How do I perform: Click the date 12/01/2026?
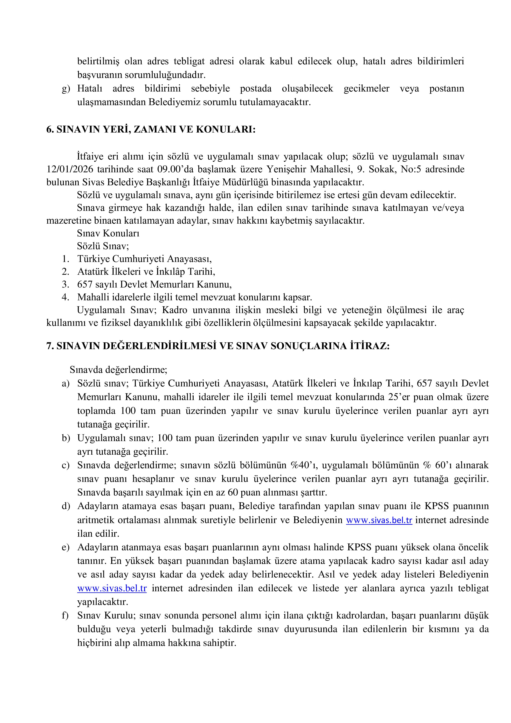pos(70,169)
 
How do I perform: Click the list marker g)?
pos(66,88)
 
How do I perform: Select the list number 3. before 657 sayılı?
pos(65,284)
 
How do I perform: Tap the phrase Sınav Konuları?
pos(108,233)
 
